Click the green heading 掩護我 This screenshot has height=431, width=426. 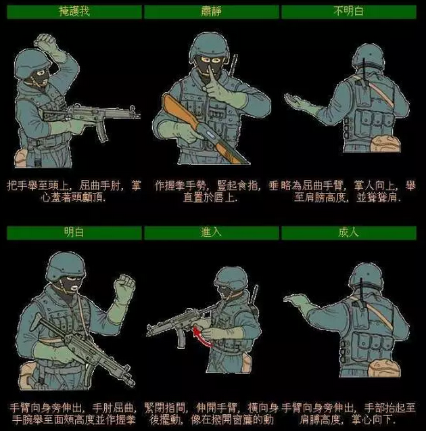74,12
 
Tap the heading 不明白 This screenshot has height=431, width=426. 348,12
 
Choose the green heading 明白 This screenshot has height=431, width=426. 74,233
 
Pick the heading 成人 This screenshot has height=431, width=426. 348,233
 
